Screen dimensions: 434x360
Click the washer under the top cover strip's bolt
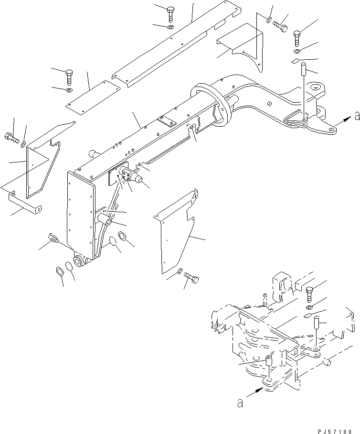[170, 27]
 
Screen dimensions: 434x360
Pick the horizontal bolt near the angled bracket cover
[280, 26]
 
